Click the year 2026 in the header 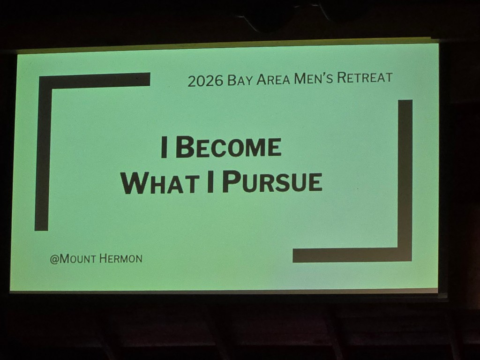click(205, 81)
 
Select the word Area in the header click(273, 79)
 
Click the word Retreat click(365, 77)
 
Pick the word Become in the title click(228, 147)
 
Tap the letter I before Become click(164, 148)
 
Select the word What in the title click(160, 183)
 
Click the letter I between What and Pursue click(210, 182)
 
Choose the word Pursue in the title click(272, 181)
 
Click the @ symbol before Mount click(54, 259)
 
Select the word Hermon click(121, 259)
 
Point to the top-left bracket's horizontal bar click(95, 80)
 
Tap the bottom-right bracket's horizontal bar click(352, 255)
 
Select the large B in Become click(185, 147)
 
